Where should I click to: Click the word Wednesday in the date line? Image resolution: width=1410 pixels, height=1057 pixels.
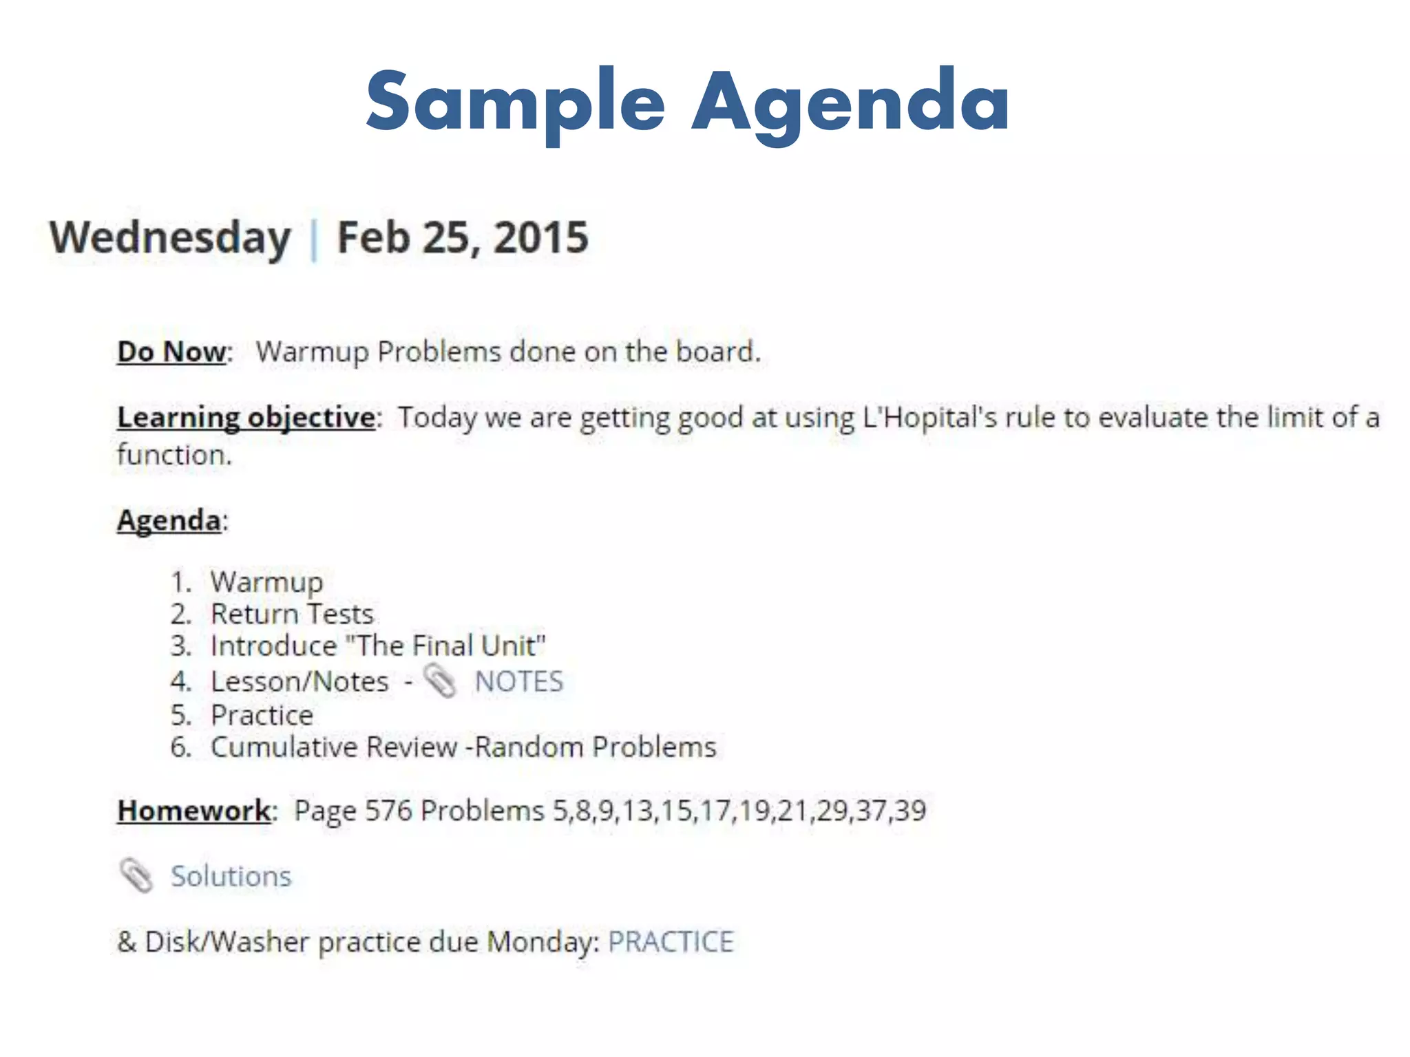pos(170,238)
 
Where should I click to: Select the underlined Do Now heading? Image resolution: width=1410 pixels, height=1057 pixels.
pos(171,352)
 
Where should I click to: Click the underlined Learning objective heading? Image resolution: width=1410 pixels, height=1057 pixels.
pos(246,417)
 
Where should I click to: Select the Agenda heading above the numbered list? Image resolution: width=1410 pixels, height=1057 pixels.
pos(169,520)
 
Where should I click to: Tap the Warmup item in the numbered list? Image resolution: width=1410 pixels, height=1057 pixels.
pos(266,582)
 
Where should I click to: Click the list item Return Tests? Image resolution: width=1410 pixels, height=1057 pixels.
pos(292,614)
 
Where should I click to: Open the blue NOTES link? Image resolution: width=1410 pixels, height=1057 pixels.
pos(518,681)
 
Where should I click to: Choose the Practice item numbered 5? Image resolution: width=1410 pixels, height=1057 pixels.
pos(262,715)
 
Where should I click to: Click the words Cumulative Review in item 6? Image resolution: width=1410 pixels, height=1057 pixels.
pos(334,747)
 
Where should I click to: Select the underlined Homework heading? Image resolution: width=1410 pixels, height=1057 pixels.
pos(194,811)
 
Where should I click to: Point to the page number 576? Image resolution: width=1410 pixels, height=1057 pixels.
pos(388,811)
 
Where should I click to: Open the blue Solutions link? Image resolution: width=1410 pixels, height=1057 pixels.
pos(231,876)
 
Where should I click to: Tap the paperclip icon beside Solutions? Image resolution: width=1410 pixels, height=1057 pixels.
pos(136,875)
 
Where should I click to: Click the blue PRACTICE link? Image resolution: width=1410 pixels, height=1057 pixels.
pos(671,941)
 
